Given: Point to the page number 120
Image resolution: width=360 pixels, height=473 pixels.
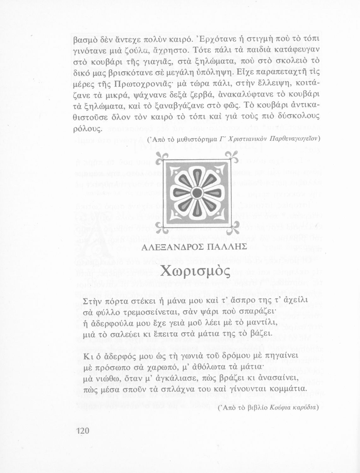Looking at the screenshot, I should pyautogui.click(x=83, y=431).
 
